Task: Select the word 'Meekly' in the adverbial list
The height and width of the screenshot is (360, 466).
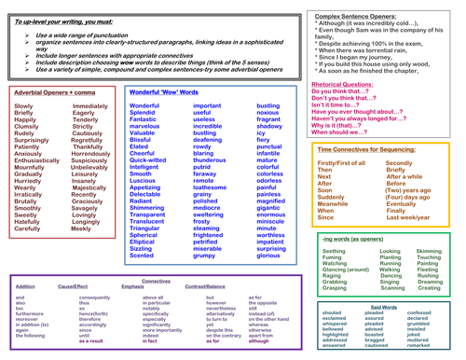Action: [82, 254]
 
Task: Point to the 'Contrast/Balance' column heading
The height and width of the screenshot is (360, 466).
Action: [207, 287]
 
